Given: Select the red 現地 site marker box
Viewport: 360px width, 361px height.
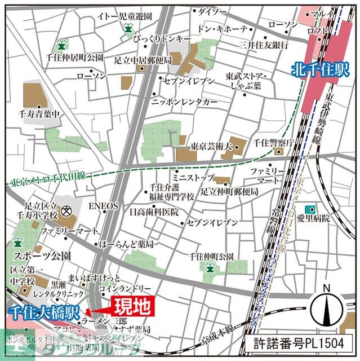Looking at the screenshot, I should point(133,306).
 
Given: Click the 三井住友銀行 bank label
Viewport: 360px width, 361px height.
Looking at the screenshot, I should point(264,45).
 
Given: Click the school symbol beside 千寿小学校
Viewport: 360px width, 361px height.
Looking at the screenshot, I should point(67,212).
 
